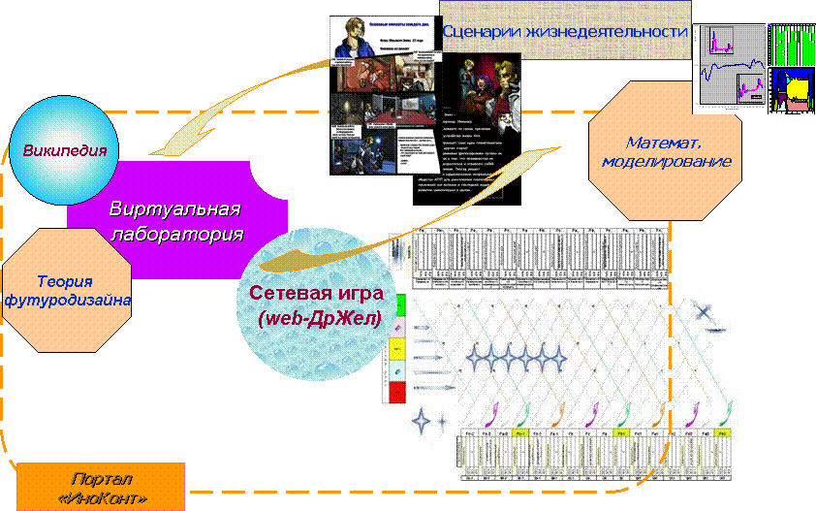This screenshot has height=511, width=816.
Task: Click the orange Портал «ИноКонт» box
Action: pyautogui.click(x=101, y=488)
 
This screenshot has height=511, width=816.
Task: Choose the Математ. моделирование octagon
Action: pyautogui.click(x=664, y=150)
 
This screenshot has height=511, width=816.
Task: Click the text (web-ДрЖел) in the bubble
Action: pyautogui.click(x=320, y=319)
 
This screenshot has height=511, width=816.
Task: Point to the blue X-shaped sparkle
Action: pyautogui.click(x=703, y=311)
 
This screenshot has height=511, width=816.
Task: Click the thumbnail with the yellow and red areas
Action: pyautogui.click(x=793, y=91)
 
